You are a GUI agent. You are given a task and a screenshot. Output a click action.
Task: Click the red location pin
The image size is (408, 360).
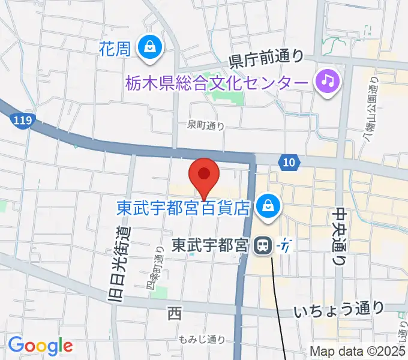204,175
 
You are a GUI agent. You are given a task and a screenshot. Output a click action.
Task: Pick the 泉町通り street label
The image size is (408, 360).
205,125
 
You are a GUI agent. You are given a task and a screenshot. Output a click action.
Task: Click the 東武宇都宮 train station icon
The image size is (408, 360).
262,245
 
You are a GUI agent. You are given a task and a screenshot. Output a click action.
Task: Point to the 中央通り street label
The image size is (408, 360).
340,236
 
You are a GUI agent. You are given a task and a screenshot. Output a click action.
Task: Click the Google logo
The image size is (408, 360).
40,346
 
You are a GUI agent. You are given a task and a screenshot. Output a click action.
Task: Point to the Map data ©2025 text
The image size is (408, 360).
358,352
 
